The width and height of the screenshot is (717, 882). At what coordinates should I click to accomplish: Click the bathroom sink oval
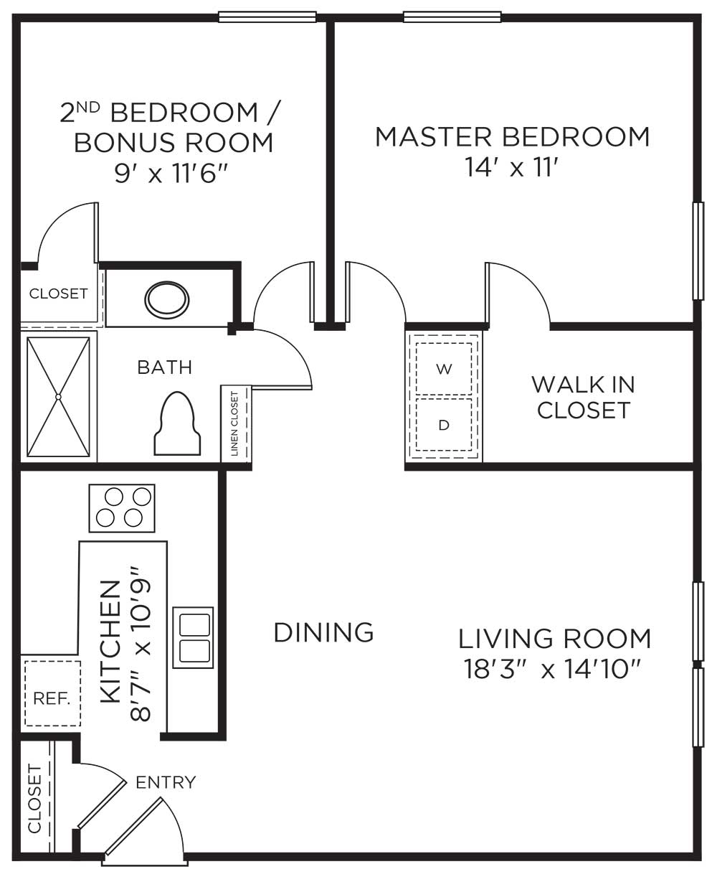(167, 300)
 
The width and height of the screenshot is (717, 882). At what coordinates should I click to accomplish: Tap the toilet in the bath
(177, 423)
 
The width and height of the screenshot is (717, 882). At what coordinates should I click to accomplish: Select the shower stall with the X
(58, 397)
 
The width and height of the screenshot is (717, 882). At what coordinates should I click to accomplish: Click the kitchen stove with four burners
(122, 508)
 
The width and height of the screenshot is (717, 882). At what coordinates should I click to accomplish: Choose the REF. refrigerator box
(52, 699)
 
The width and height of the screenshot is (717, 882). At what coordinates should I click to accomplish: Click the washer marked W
(444, 368)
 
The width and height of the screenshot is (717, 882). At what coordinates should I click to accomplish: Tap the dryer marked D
(444, 425)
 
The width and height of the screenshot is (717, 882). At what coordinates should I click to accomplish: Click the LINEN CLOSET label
(234, 423)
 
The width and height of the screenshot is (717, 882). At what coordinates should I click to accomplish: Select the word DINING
(323, 632)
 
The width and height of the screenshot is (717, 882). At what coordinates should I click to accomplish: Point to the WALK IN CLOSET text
(584, 397)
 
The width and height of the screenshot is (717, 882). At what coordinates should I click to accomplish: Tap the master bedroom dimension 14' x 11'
(512, 167)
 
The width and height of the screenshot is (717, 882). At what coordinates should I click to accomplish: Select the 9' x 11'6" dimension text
(171, 173)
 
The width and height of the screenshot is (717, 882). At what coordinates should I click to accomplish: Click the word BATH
(165, 367)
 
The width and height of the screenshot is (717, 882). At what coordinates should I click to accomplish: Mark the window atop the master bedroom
(452, 17)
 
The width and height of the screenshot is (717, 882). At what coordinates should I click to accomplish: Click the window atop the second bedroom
(267, 17)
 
